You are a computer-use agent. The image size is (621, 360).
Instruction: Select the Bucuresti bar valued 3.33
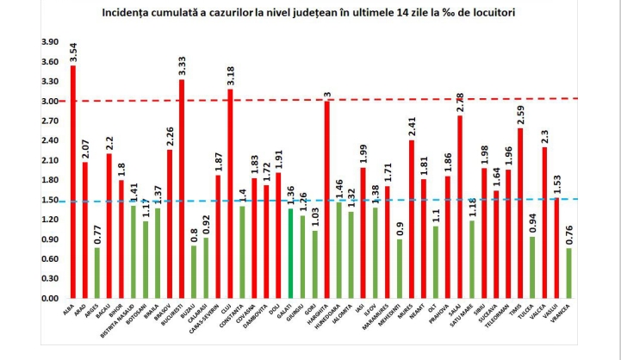click(x=182, y=189)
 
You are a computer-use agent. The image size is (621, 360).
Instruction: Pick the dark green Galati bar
click(x=290, y=254)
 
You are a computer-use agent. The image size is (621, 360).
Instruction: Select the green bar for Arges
click(x=97, y=273)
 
